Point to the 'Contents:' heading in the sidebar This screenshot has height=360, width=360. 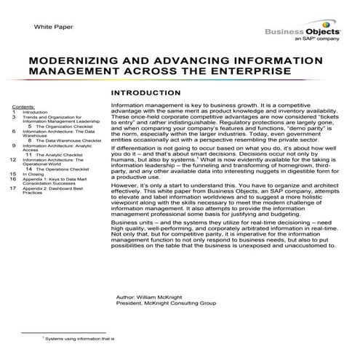[24, 106]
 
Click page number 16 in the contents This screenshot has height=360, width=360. [14, 179]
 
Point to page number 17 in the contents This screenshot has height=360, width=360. [14, 188]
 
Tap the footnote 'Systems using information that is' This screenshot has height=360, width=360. [81, 339]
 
